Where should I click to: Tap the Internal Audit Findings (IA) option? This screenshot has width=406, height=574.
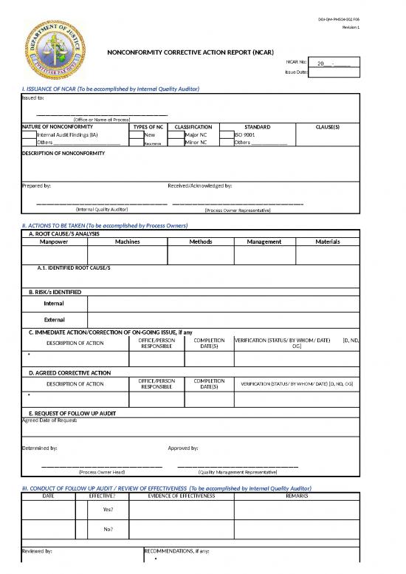click(x=67, y=135)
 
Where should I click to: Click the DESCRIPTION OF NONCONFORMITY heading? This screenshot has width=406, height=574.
click(x=63, y=153)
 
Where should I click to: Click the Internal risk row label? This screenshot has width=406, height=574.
click(x=54, y=303)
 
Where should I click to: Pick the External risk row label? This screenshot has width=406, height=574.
click(x=54, y=320)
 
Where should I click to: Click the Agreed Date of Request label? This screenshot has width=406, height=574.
click(x=50, y=420)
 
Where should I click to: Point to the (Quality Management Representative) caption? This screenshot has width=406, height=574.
click(x=238, y=471)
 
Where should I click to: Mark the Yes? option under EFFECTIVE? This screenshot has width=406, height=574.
click(x=109, y=510)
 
